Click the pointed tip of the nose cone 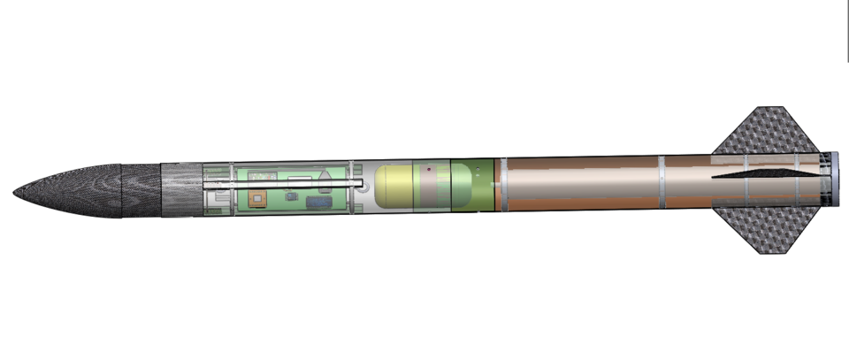click(x=16, y=191)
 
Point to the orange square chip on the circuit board click(x=258, y=198)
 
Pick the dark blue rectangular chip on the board click(x=318, y=203)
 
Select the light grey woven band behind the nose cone click(x=181, y=189)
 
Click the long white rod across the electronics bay click(x=283, y=185)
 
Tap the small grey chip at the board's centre click(x=290, y=194)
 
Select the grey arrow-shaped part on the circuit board click(x=325, y=179)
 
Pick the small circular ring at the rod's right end click(x=362, y=184)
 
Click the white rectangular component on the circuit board click(x=301, y=180)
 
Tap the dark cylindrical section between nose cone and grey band click(x=140, y=190)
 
